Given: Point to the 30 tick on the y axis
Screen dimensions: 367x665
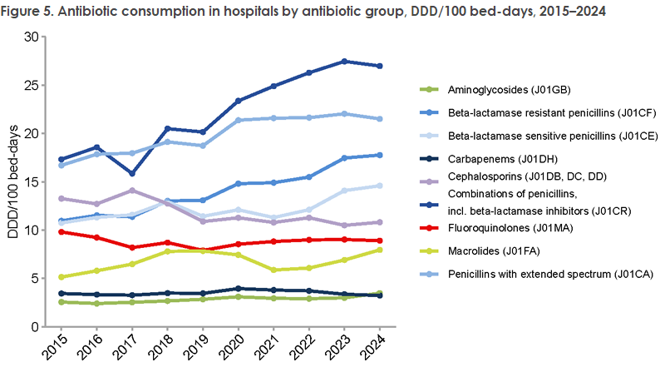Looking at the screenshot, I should click(x=31, y=37).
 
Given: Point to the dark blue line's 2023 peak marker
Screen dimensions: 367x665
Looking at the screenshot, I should click(x=345, y=62).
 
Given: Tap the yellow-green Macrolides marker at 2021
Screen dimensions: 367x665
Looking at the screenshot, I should click(x=274, y=270).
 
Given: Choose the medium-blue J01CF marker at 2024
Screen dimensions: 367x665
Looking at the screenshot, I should click(x=380, y=155).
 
